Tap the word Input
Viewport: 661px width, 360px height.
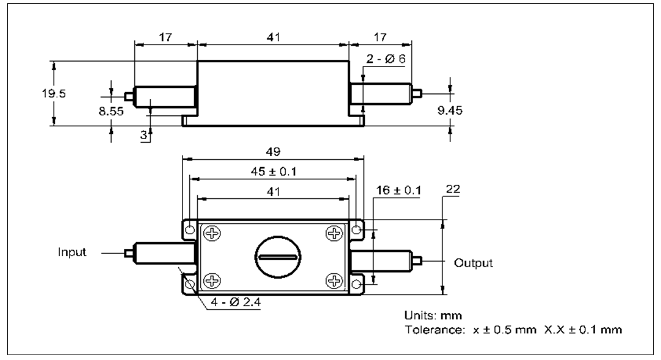[72, 252]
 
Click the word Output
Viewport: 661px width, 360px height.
[472, 264]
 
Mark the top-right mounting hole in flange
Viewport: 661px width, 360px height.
[358, 229]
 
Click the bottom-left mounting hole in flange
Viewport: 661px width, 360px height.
[190, 284]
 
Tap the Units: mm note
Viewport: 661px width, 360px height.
[433, 316]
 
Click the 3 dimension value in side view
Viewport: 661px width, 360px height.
[145, 135]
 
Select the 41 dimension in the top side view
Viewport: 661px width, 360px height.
[273, 38]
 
